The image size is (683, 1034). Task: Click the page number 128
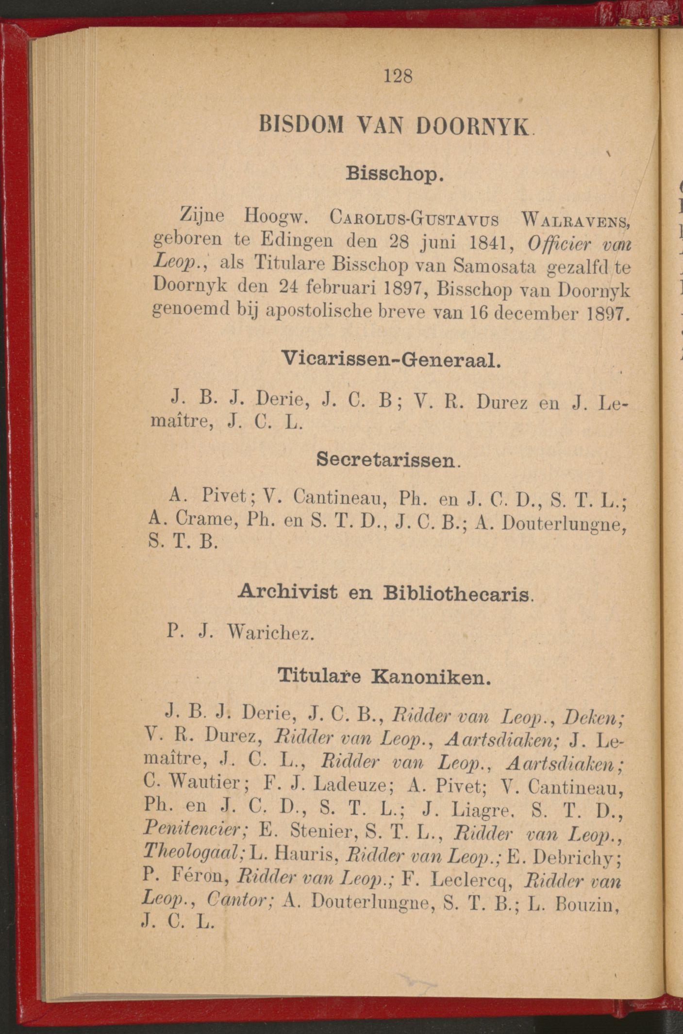click(398, 76)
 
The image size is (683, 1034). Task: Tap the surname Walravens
click(575, 221)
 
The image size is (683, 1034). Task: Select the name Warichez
click(270, 632)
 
